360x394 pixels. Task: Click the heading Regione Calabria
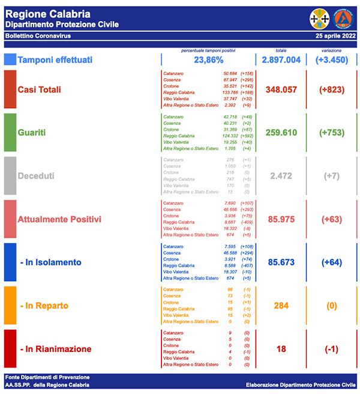[x=48, y=13]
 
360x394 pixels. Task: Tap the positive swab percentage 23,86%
[x=209, y=60]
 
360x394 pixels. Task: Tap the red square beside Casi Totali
[x=10, y=89]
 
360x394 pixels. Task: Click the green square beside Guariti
[x=10, y=132]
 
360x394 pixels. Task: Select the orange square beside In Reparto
[x=10, y=306]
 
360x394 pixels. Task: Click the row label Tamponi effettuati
[x=55, y=60]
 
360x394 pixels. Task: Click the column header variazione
[x=332, y=50]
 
